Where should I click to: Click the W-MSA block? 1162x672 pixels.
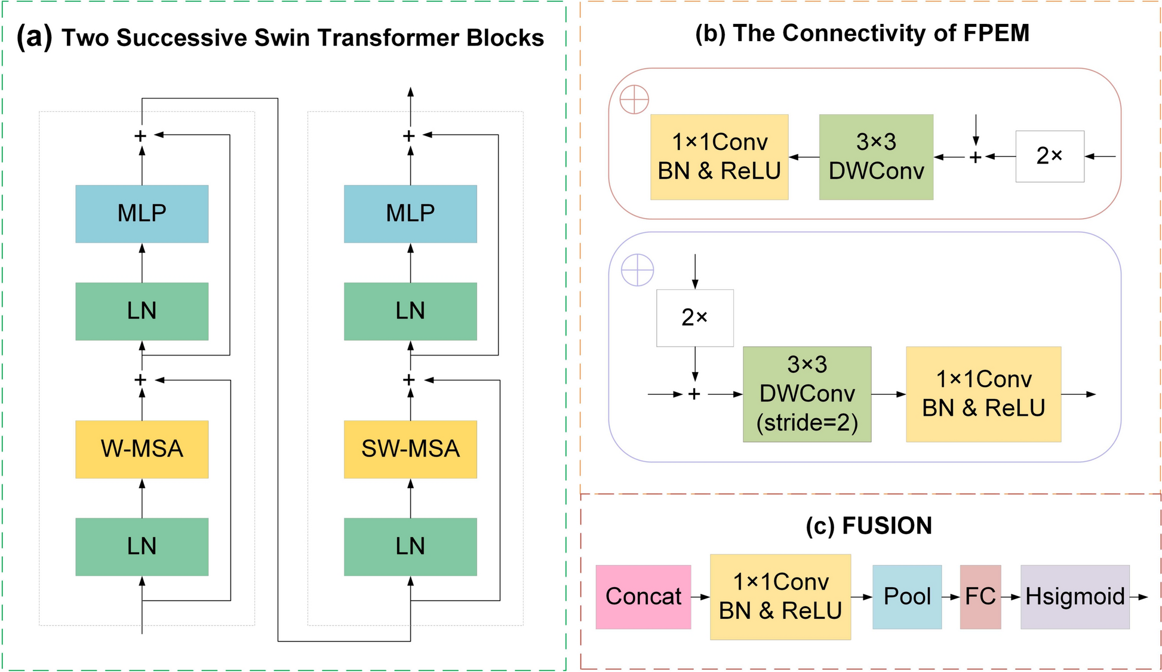click(142, 449)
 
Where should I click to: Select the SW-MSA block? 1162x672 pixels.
click(410, 449)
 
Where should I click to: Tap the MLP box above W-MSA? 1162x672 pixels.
click(142, 214)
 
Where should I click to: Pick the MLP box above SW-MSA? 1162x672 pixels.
click(410, 214)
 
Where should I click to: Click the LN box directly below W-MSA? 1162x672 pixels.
click(142, 547)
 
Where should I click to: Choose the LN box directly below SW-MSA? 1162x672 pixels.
click(410, 547)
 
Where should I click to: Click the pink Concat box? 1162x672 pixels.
click(643, 597)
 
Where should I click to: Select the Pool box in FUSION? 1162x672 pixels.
click(907, 597)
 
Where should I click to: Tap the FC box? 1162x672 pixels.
click(980, 597)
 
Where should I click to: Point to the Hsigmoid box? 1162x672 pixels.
click(1075, 597)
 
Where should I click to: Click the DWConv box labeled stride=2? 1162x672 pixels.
click(807, 394)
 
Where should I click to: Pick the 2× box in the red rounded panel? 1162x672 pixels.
click(1050, 157)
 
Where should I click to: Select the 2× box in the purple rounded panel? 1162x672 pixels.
click(694, 318)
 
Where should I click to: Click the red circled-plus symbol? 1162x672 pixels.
click(634, 99)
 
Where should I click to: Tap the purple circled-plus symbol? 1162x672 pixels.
click(638, 270)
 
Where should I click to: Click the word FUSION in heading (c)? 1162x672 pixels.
click(887, 526)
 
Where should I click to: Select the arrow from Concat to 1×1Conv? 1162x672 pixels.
click(700, 597)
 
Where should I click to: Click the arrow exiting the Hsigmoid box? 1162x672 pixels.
click(1139, 597)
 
